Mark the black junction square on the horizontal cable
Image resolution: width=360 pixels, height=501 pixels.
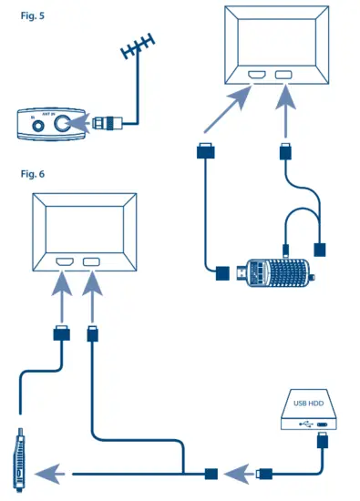[211, 474]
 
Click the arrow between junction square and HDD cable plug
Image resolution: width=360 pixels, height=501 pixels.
[239, 474]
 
